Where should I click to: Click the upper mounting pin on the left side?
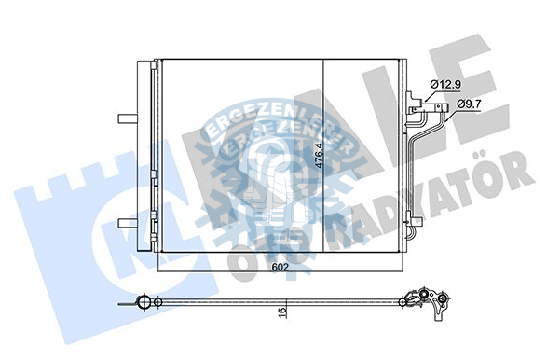click(126, 118)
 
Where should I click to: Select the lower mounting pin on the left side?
click(126, 222)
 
